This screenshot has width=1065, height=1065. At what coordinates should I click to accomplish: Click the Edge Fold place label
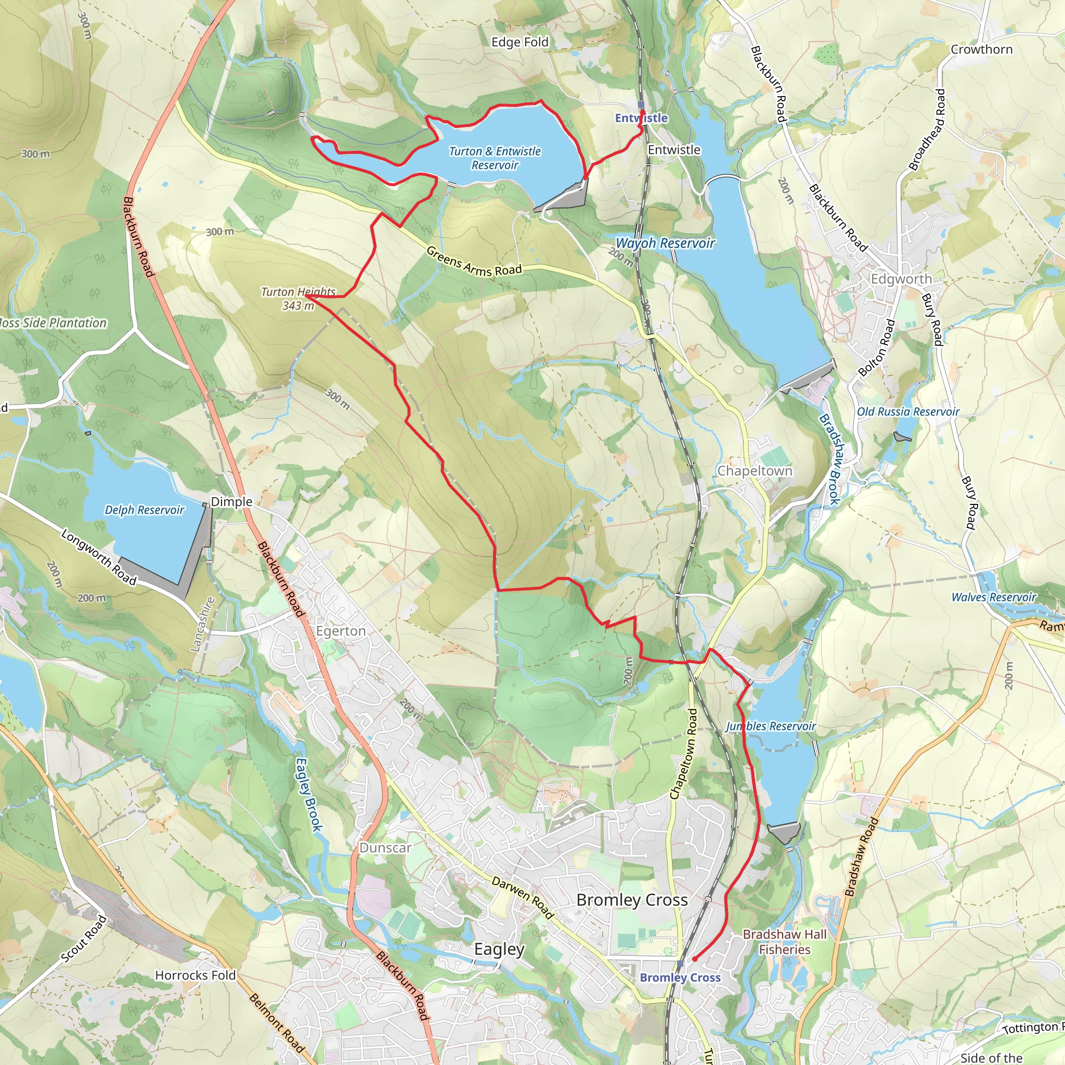coord(520,42)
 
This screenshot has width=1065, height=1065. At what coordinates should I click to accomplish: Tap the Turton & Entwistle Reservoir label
coord(495,158)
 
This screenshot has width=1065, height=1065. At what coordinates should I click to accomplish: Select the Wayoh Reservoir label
coord(665,243)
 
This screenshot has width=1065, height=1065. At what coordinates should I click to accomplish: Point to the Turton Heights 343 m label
coord(298,298)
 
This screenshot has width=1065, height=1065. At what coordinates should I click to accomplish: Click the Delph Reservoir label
coord(145,510)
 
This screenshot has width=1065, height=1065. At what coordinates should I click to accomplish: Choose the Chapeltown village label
coord(755,471)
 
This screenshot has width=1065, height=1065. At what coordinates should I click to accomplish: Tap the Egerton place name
coord(341,631)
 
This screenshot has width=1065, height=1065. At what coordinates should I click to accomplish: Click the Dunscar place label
coord(385,848)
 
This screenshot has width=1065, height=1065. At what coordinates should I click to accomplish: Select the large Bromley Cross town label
coord(632,900)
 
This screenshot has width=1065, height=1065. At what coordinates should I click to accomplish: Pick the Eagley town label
coord(499,949)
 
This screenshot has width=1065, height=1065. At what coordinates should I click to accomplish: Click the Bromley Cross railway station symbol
coord(680,964)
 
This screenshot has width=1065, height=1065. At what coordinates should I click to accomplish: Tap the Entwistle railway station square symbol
coord(641,105)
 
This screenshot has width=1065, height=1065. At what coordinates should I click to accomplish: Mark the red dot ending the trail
coord(695,958)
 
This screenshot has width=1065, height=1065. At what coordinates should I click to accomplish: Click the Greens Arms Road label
coord(474,262)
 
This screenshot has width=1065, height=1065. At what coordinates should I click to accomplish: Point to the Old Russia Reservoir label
coord(908,412)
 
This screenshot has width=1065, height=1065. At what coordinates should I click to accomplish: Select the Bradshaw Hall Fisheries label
coord(784,942)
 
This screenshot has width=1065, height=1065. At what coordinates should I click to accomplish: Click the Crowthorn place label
coord(982,49)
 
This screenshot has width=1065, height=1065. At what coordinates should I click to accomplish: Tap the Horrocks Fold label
coord(195,975)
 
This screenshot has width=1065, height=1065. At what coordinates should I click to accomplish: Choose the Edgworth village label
coord(901,279)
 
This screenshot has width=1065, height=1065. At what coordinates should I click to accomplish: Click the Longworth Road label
coord(98,557)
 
